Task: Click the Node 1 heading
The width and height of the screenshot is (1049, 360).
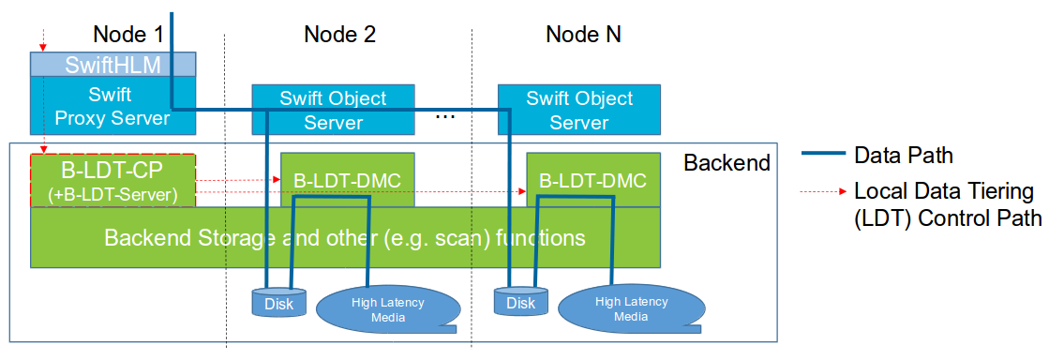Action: click(x=128, y=35)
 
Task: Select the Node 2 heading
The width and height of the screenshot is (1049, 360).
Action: click(x=339, y=35)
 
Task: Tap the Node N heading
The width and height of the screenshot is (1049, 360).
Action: click(x=583, y=35)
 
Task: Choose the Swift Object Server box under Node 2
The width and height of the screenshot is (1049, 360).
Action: click(x=333, y=110)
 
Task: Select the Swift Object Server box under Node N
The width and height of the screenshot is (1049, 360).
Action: click(x=578, y=110)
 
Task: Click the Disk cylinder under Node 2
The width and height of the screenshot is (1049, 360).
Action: click(x=278, y=303)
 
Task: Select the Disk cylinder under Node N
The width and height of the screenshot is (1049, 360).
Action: click(x=520, y=303)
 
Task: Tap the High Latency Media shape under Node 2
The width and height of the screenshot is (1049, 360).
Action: click(x=387, y=308)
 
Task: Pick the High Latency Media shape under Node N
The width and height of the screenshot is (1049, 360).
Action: click(x=631, y=308)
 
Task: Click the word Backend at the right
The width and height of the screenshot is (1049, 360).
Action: click(x=727, y=163)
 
